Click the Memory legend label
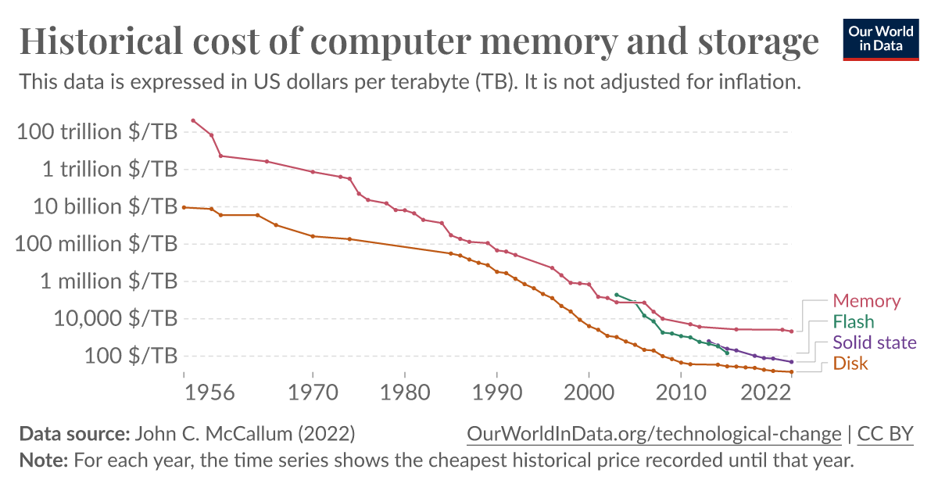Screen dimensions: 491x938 click(866, 301)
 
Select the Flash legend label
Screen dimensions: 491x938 click(854, 321)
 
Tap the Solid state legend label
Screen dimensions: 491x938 click(875, 342)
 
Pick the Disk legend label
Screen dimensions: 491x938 click(850, 364)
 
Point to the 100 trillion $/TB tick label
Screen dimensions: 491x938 click(97, 131)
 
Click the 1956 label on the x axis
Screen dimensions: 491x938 click(210, 391)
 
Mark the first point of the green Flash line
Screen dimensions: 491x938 click(617, 295)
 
